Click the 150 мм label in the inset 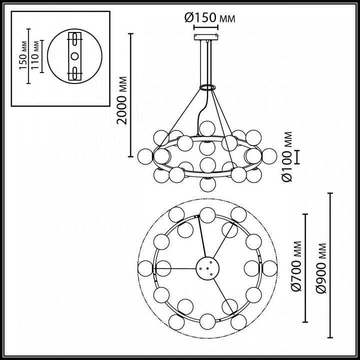point(22,55)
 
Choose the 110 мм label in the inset point(35,55)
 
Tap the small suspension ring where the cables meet point(207,88)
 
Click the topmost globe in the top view point(207,215)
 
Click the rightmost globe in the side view point(269,155)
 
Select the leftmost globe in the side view point(145,155)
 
